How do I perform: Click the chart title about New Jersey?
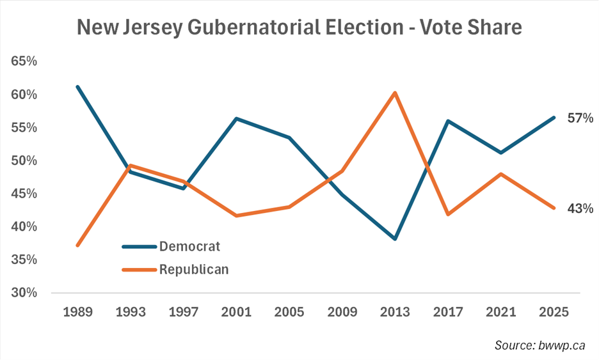(299, 27)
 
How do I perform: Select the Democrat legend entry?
(190, 246)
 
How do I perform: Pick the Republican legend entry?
(194, 269)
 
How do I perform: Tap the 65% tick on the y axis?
(24, 61)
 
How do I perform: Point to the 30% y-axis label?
(24, 293)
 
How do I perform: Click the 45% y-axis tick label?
(24, 194)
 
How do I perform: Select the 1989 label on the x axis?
(77, 313)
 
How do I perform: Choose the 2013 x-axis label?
(395, 313)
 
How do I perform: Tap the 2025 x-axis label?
(554, 313)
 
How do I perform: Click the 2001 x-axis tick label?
(237, 313)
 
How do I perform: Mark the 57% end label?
(580, 118)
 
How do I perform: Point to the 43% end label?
(580, 208)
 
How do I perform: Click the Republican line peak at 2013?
(395, 93)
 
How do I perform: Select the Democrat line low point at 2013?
(395, 239)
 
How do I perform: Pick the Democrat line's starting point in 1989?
(77, 86)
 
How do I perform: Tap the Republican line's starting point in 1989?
(77, 245)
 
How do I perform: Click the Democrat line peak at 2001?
(237, 118)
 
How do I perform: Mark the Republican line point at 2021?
(501, 174)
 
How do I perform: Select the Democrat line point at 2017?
(448, 121)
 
